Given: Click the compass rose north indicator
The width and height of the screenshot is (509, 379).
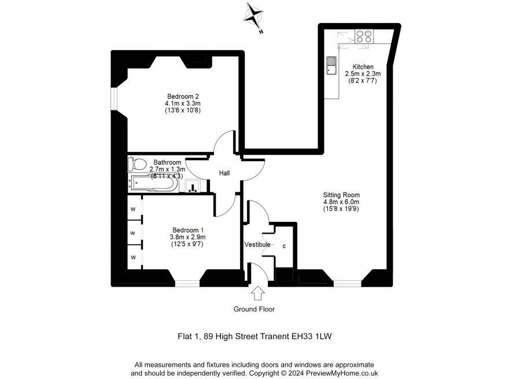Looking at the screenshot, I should (x=253, y=17).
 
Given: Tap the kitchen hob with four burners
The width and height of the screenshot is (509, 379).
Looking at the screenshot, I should (x=364, y=36).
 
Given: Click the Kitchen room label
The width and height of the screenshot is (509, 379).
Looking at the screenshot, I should (x=359, y=66).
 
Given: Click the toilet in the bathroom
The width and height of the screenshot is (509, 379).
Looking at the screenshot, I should (x=135, y=165).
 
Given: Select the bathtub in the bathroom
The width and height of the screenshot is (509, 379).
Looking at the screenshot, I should (x=153, y=184).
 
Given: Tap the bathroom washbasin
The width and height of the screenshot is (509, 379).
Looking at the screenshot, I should (x=196, y=185).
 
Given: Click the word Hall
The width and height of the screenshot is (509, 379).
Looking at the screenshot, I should (x=225, y=173).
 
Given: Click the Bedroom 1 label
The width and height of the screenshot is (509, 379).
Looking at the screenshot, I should (x=187, y=230).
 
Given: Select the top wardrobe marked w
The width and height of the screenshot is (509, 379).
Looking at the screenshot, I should (x=133, y=209).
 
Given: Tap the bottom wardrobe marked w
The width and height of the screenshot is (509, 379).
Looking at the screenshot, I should (x=133, y=257).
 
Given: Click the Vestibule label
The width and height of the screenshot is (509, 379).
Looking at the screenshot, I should (x=257, y=244).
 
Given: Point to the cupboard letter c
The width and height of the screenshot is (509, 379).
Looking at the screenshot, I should (x=284, y=246).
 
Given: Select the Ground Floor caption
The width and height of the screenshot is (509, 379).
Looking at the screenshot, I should (x=254, y=309).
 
